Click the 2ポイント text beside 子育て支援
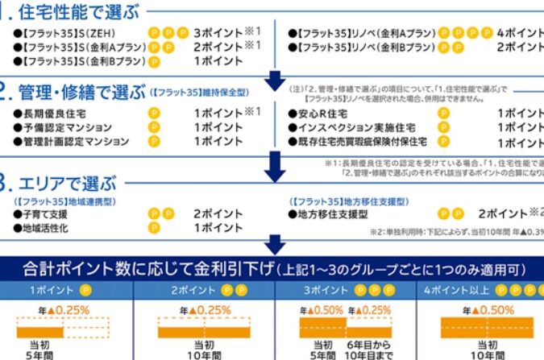[x=218, y=214]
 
